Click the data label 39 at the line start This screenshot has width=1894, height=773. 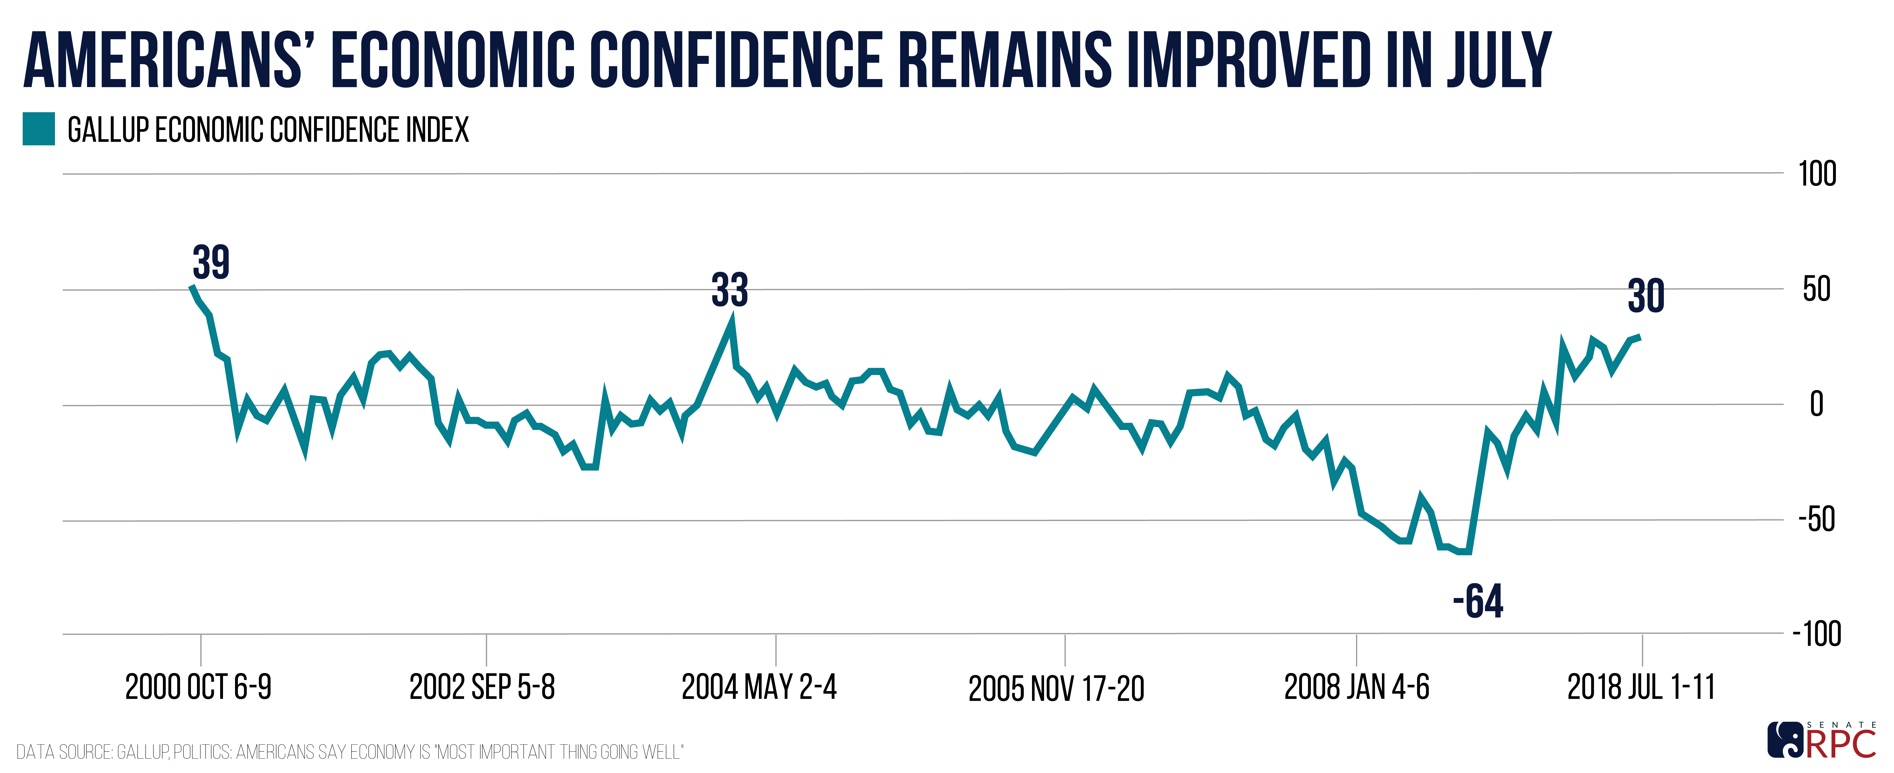pos(211,263)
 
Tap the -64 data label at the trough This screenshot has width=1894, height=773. pos(1478,602)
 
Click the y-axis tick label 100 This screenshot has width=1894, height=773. pos(1817,174)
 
